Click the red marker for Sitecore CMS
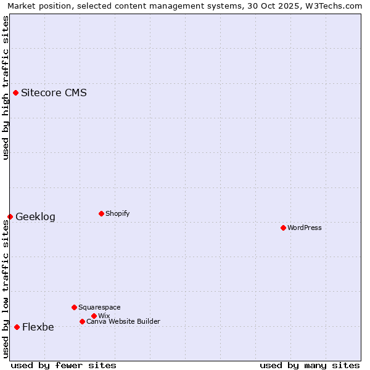click(x=15, y=93)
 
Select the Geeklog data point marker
click(x=10, y=216)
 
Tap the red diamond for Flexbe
click(x=17, y=327)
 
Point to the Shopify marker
click(x=101, y=213)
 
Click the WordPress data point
click(x=283, y=228)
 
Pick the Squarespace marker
click(x=74, y=307)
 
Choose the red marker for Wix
click(x=94, y=316)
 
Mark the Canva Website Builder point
click(x=82, y=321)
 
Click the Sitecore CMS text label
click(x=54, y=93)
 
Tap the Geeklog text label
click(x=35, y=217)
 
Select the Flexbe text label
click(x=38, y=327)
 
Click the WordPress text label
click(x=305, y=228)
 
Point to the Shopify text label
click(x=117, y=214)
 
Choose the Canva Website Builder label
click(x=123, y=322)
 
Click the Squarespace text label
click(x=99, y=308)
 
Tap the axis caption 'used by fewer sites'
click(x=64, y=365)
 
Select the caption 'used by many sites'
click(x=310, y=365)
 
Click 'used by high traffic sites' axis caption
click(x=6, y=88)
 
